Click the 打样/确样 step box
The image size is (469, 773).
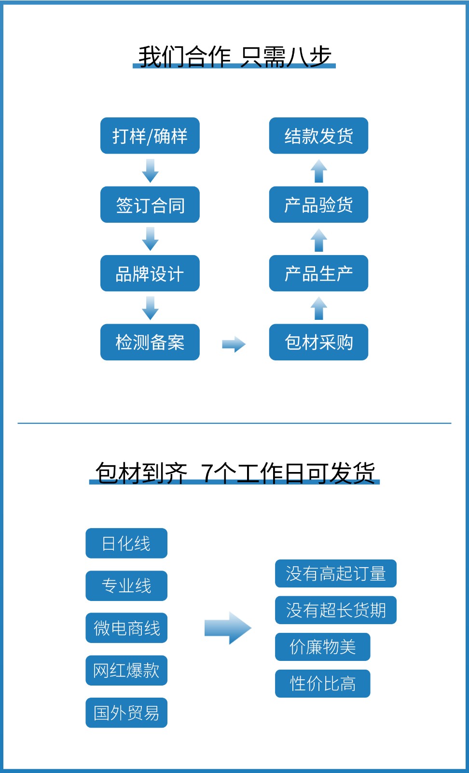pyautogui.click(x=150, y=136)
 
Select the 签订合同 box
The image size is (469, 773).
pyautogui.click(x=150, y=205)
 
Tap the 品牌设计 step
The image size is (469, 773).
pyautogui.click(x=150, y=273)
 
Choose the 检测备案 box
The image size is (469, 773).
pyautogui.click(x=150, y=342)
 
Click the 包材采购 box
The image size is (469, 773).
pyautogui.click(x=318, y=342)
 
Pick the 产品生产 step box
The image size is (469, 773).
pyautogui.click(x=318, y=273)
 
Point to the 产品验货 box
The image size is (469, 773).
pyautogui.click(x=318, y=205)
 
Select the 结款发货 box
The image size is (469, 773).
pyautogui.click(x=318, y=136)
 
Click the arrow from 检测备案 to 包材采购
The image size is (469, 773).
pyautogui.click(x=234, y=344)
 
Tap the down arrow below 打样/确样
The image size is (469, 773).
pyautogui.click(x=150, y=171)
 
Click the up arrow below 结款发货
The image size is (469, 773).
pyautogui.click(x=318, y=171)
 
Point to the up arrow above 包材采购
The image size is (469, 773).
pyautogui.click(x=318, y=308)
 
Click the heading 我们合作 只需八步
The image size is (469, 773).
pyautogui.click(x=234, y=57)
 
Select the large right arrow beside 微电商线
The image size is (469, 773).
pyautogui.click(x=228, y=628)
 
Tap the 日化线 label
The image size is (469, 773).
pyautogui.click(x=126, y=544)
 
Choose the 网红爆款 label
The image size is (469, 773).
pyautogui.click(x=126, y=671)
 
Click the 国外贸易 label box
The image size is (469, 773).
pyautogui.click(x=126, y=713)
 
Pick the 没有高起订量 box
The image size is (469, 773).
pyautogui.click(x=335, y=573)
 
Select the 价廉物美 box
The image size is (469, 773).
pyautogui.click(x=322, y=647)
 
